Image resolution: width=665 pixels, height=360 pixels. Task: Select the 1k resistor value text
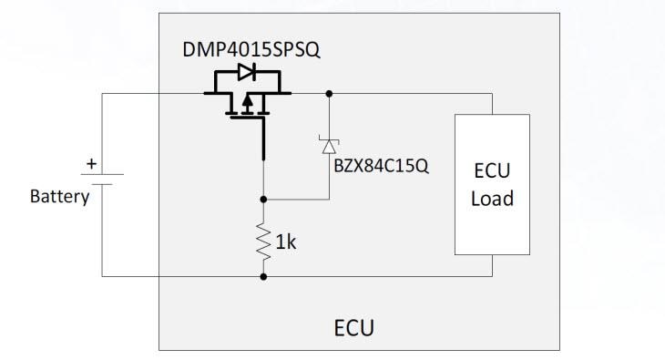click(x=285, y=242)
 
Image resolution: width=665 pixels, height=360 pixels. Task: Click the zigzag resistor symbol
click(x=264, y=242)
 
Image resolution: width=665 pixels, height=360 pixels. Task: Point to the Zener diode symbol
click(x=328, y=145)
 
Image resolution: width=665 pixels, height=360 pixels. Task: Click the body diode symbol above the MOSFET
click(x=246, y=72)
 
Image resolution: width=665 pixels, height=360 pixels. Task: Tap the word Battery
click(x=59, y=197)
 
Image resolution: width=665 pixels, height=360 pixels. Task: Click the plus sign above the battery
click(x=91, y=165)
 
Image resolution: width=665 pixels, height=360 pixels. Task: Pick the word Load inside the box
click(x=492, y=198)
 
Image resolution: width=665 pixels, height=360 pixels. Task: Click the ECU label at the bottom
click(x=355, y=326)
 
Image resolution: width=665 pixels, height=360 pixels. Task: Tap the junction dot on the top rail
click(x=328, y=93)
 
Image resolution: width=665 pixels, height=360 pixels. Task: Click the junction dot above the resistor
click(x=264, y=198)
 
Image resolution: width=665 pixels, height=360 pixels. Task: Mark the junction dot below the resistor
click(x=264, y=275)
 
